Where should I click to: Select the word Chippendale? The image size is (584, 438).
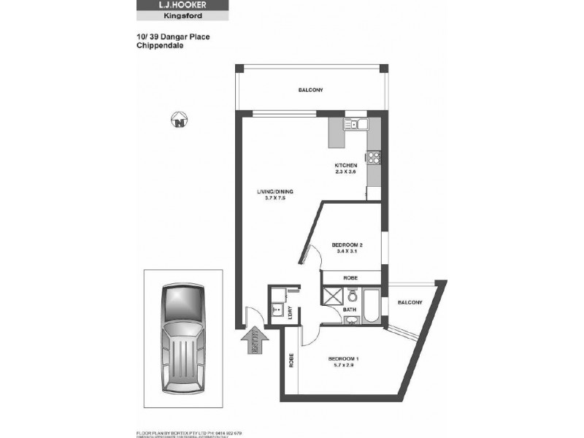click(159, 45)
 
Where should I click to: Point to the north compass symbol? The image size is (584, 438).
click(177, 120)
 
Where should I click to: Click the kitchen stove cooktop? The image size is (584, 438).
click(374, 156)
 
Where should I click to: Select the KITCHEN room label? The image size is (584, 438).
click(345, 166)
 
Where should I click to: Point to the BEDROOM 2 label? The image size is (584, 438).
click(345, 245)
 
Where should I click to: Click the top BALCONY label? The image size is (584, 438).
click(310, 90)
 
